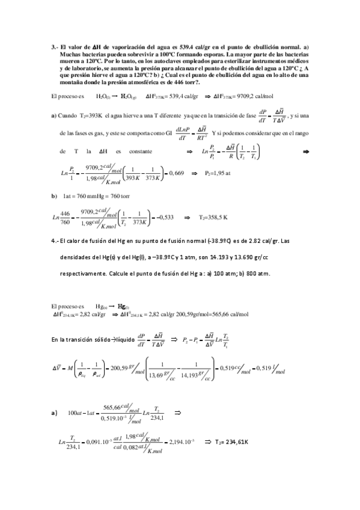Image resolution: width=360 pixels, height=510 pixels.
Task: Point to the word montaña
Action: tap(68, 82)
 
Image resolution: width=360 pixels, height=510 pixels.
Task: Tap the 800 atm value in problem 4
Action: tap(258, 274)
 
